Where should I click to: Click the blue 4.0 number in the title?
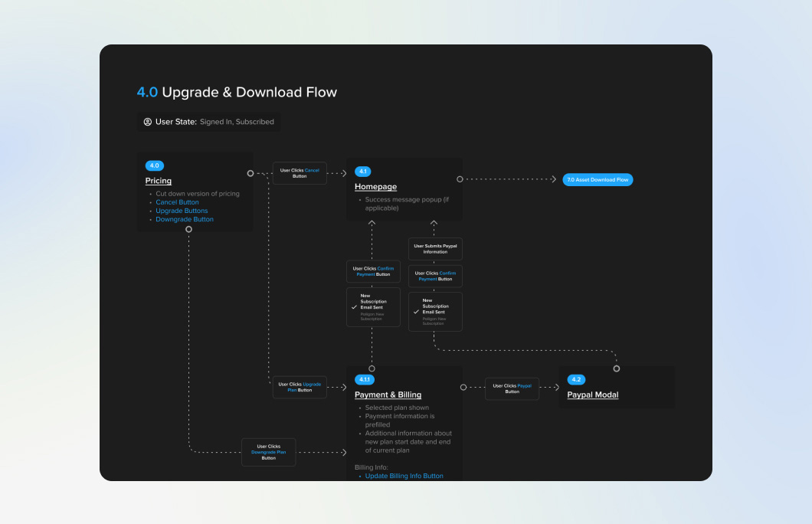[x=147, y=93]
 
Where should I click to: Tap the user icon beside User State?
[x=148, y=122]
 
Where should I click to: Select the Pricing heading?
[x=159, y=182]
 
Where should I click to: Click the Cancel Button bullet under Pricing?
[x=177, y=202]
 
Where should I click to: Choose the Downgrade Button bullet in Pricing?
[x=185, y=219]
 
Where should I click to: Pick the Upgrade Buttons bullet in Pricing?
[x=182, y=211]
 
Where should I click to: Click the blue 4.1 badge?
[x=363, y=172]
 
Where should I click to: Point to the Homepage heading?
[x=375, y=187]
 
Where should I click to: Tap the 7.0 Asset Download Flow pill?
[x=598, y=180]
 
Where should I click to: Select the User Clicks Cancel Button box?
[x=300, y=173]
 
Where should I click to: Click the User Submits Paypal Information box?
[x=435, y=249]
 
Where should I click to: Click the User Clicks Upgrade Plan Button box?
[x=300, y=387]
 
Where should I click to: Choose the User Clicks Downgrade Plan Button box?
[x=268, y=452]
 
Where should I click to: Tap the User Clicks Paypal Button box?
[x=512, y=388]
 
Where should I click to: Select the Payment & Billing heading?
[x=388, y=395]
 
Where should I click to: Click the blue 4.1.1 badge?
[x=365, y=380]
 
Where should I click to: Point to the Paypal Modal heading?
[x=592, y=395]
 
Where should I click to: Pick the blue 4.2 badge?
[x=576, y=380]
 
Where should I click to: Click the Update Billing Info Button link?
[x=404, y=476]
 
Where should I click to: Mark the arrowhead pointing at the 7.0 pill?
[x=554, y=179]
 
